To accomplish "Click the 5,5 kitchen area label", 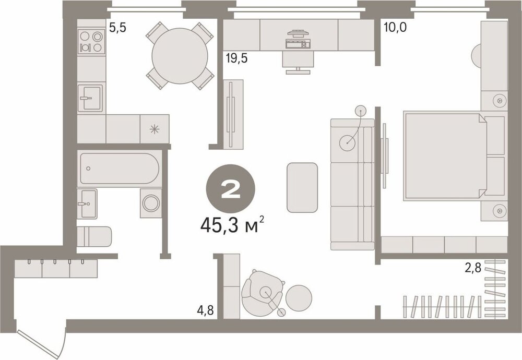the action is tap(117, 28).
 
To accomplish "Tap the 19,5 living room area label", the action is tap(236, 58).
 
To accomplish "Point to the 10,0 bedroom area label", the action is tap(395, 27).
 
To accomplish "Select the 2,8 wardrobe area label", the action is tap(473, 268).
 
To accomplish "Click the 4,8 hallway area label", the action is tap(205, 310).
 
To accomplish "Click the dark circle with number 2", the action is tap(231, 189).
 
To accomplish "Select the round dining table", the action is tap(180, 55).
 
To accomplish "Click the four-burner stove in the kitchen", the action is tap(91, 41).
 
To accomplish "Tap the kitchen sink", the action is tap(90, 98).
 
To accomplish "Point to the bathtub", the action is tap(120, 169).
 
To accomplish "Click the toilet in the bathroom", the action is tap(94, 236).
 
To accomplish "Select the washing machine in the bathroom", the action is tap(151, 203).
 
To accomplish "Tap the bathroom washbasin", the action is tap(87, 203).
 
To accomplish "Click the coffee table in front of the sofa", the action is tap(302, 187).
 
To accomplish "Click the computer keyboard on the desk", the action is tap(298, 44).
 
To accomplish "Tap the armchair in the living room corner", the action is tap(263, 293).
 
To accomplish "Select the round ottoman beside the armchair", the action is tap(299, 298).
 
